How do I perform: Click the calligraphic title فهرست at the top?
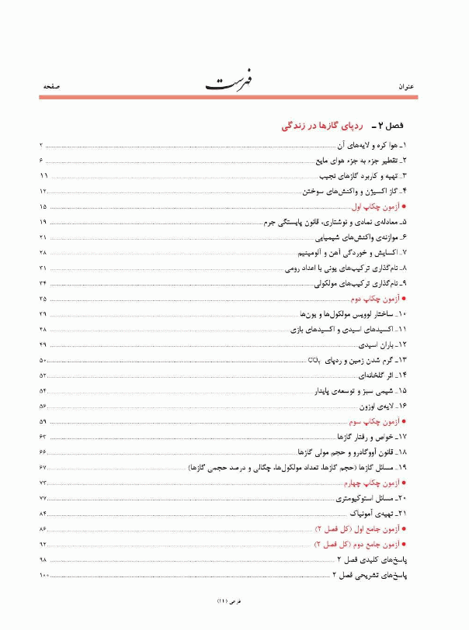[233, 81]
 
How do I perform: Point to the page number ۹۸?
[43, 559]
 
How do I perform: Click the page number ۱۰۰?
[43, 574]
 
